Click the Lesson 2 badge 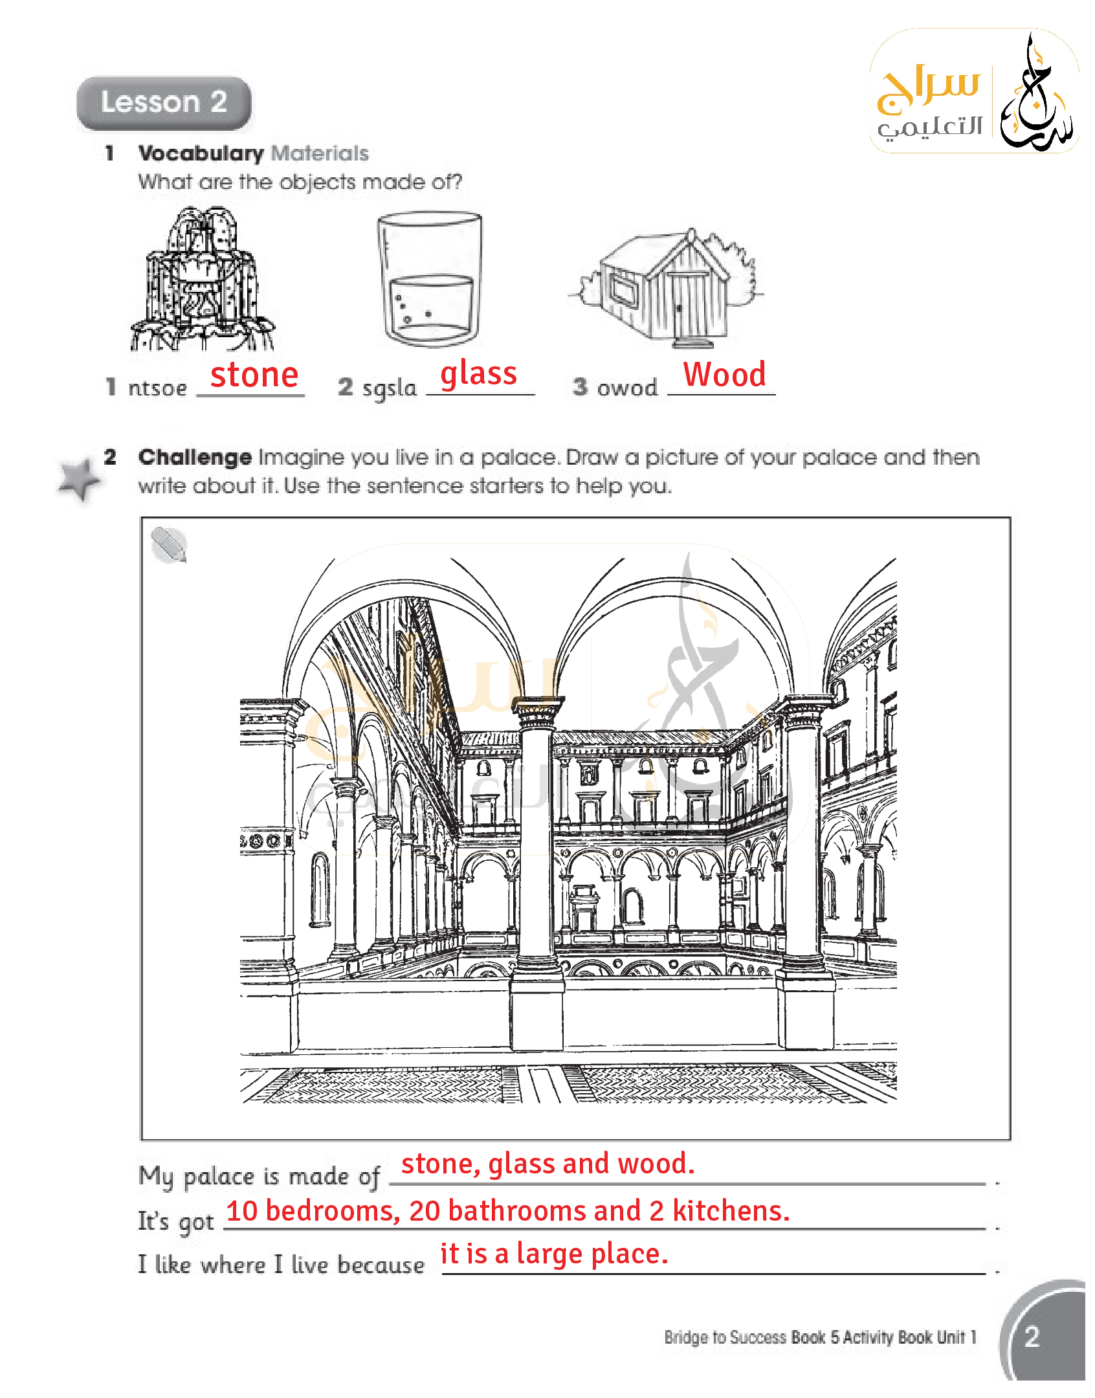click(x=164, y=103)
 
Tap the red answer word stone click(x=254, y=375)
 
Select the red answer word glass click(x=479, y=374)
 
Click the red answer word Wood click(x=725, y=374)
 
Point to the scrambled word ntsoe click(x=158, y=388)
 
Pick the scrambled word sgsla click(x=390, y=389)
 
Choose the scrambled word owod click(x=627, y=388)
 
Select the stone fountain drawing click(x=203, y=279)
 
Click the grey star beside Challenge click(x=79, y=480)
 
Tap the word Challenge click(x=195, y=458)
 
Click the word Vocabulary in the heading click(x=201, y=153)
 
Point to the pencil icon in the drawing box click(x=169, y=545)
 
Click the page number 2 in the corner click(x=1032, y=1337)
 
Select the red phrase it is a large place click(x=554, y=1254)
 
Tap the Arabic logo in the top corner click(x=974, y=91)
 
